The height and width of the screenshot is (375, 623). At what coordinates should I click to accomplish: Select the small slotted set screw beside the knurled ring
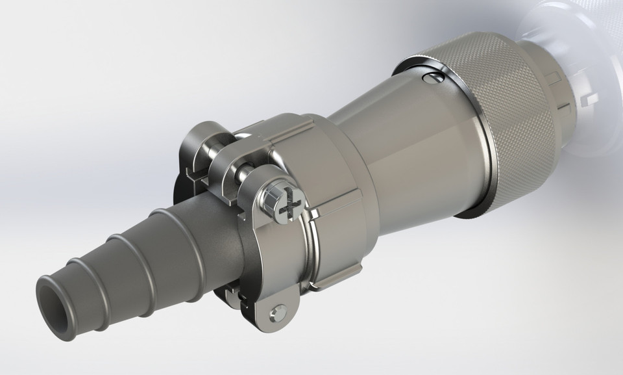[432, 79]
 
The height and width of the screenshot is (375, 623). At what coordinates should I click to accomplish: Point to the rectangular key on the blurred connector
[588, 97]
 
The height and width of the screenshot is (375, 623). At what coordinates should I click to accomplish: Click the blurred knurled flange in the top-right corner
[571, 26]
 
